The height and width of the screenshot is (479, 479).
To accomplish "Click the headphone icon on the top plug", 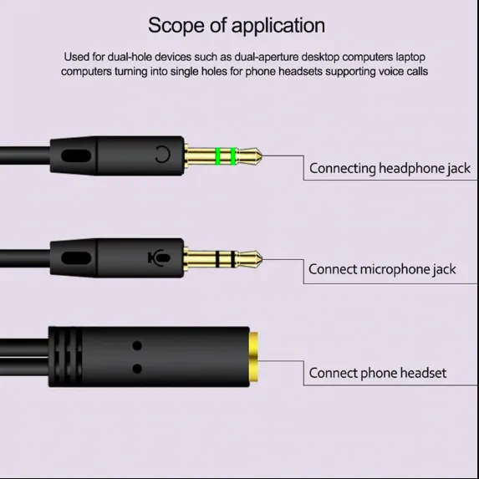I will [162, 155].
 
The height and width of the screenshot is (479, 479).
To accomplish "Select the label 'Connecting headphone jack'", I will [390, 168].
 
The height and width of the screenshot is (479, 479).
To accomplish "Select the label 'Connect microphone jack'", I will [382, 269].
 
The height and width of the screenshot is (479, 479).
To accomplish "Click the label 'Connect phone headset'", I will [377, 373].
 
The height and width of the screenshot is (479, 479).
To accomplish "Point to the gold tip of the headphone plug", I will [252, 155].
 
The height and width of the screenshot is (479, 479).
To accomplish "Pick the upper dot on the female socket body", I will [137, 344].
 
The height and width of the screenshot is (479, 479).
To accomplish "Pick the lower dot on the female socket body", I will [137, 367].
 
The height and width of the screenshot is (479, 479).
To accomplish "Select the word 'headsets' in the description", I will [304, 71].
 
